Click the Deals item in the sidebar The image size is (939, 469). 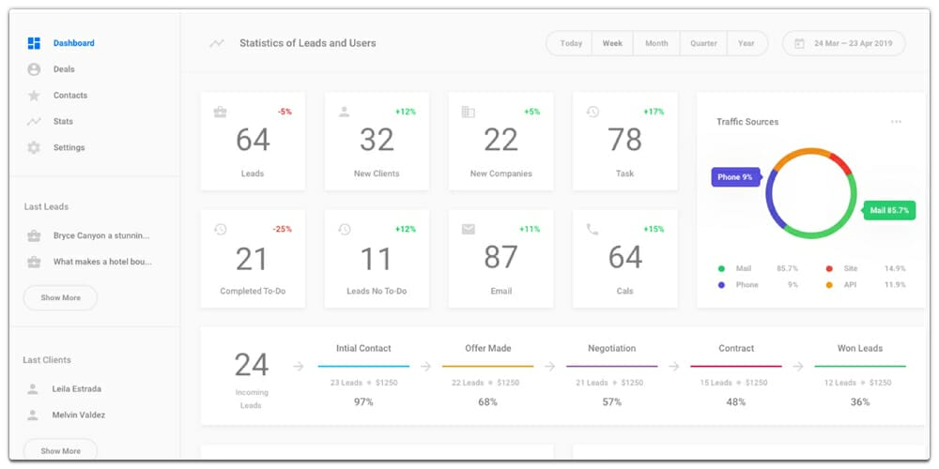[x=63, y=69]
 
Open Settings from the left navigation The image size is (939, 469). [x=69, y=147]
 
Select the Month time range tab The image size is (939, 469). [x=656, y=43]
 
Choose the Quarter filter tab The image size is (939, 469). [x=703, y=43]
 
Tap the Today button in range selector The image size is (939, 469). [x=571, y=43]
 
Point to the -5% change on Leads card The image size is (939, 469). [x=284, y=112]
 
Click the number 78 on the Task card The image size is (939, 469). [x=624, y=140]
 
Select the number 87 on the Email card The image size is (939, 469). [x=500, y=257]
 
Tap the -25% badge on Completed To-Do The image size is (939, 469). [x=282, y=229]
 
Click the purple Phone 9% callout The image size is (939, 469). [x=735, y=176]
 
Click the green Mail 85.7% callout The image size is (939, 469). [x=888, y=211]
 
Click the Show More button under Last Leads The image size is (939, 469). [x=60, y=297]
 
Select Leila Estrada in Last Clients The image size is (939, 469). [x=77, y=388]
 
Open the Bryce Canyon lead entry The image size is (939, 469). [x=101, y=235]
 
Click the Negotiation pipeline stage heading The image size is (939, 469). [x=611, y=348]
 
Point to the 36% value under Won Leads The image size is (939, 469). [x=859, y=401]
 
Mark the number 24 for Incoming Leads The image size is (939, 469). [x=252, y=365]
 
